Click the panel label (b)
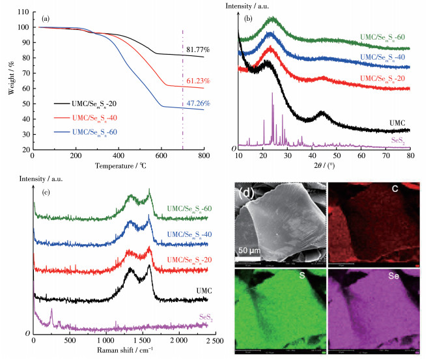pyautogui.click(x=248, y=18)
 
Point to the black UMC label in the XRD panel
pyautogui.click(x=398, y=122)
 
